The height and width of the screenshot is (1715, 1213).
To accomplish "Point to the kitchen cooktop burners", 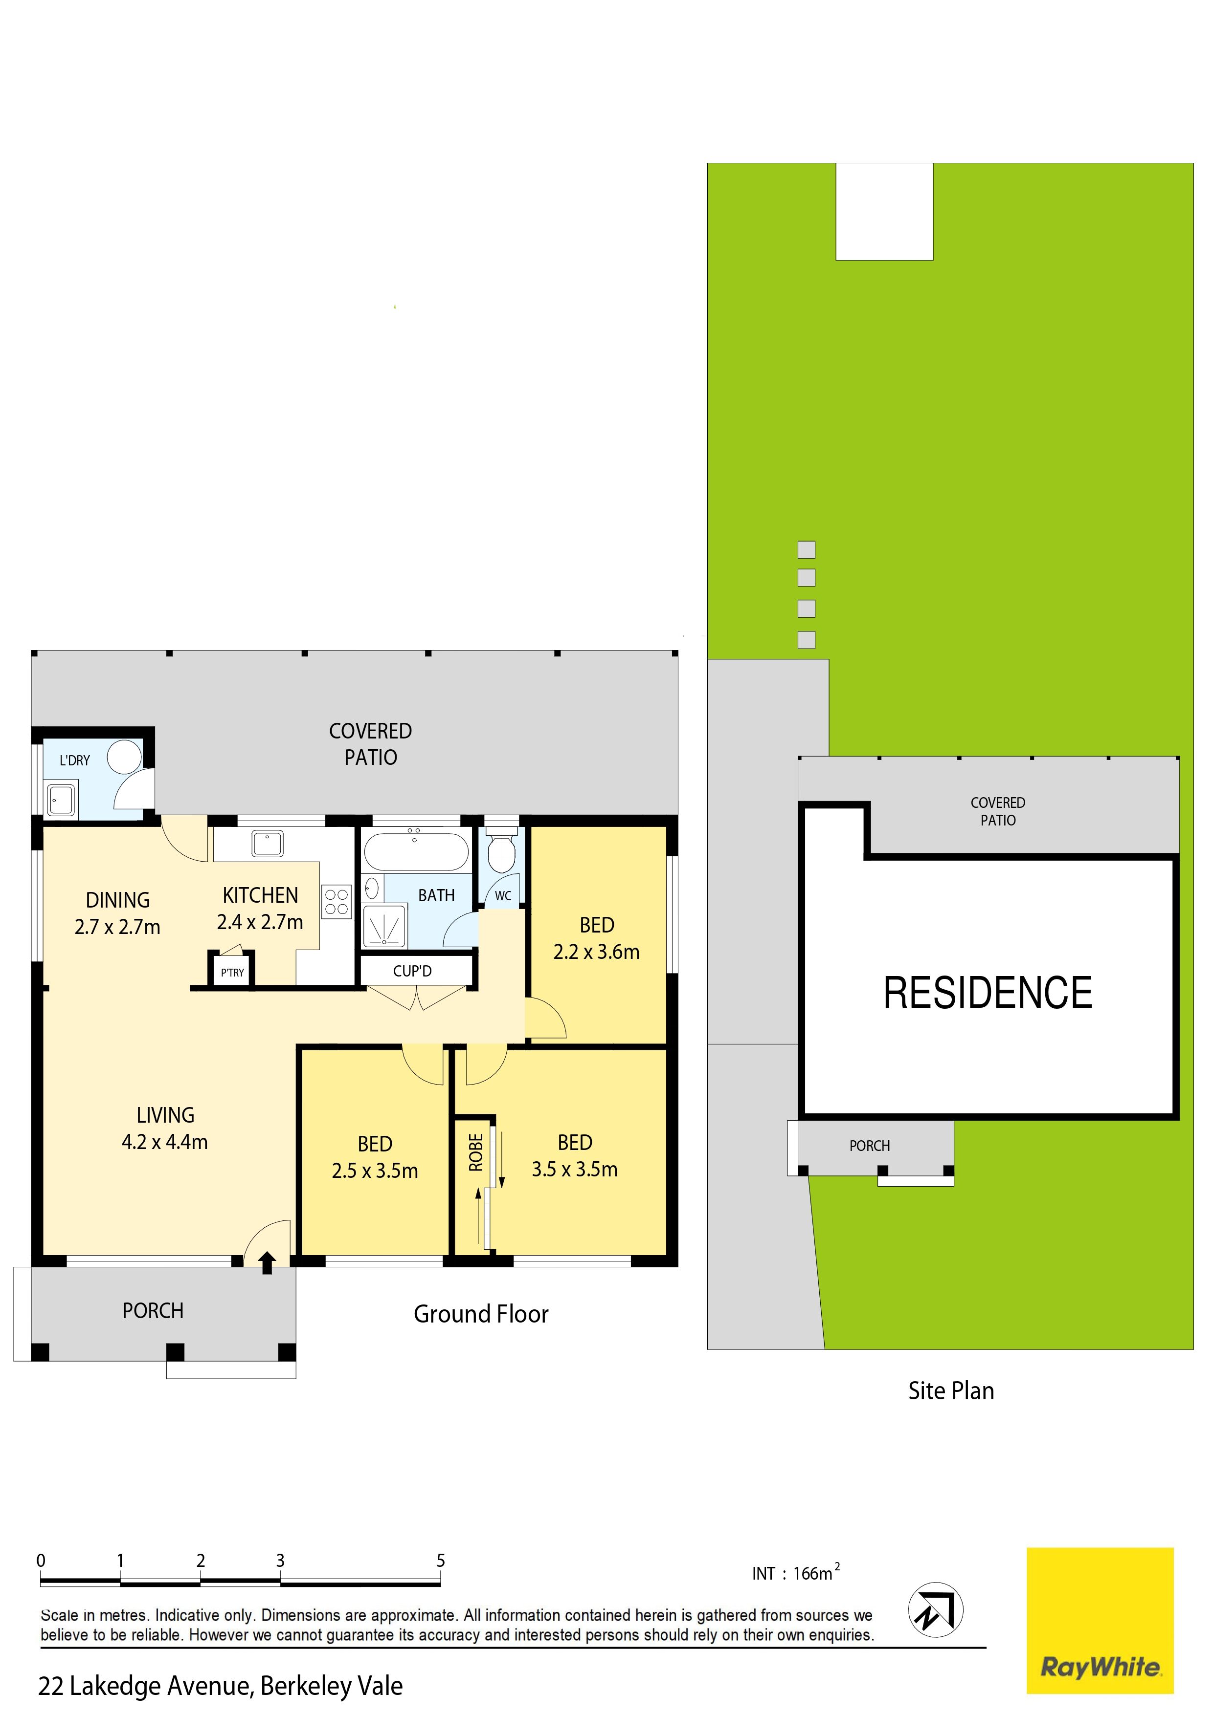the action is tap(337, 902).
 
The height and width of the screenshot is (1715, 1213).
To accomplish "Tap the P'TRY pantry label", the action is tap(232, 973).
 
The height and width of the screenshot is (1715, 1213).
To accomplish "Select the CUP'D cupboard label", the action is tap(412, 971).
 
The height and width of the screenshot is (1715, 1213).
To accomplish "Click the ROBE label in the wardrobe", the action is tap(476, 1152).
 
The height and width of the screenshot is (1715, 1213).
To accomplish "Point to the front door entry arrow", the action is tap(267, 1263).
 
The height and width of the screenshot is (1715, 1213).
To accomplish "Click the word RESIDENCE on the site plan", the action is tap(988, 994).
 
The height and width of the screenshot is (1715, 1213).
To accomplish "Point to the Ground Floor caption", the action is tap(481, 1314).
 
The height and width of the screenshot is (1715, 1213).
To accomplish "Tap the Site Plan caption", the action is tap(951, 1391).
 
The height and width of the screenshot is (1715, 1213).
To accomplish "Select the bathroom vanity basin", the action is tap(371, 888).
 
